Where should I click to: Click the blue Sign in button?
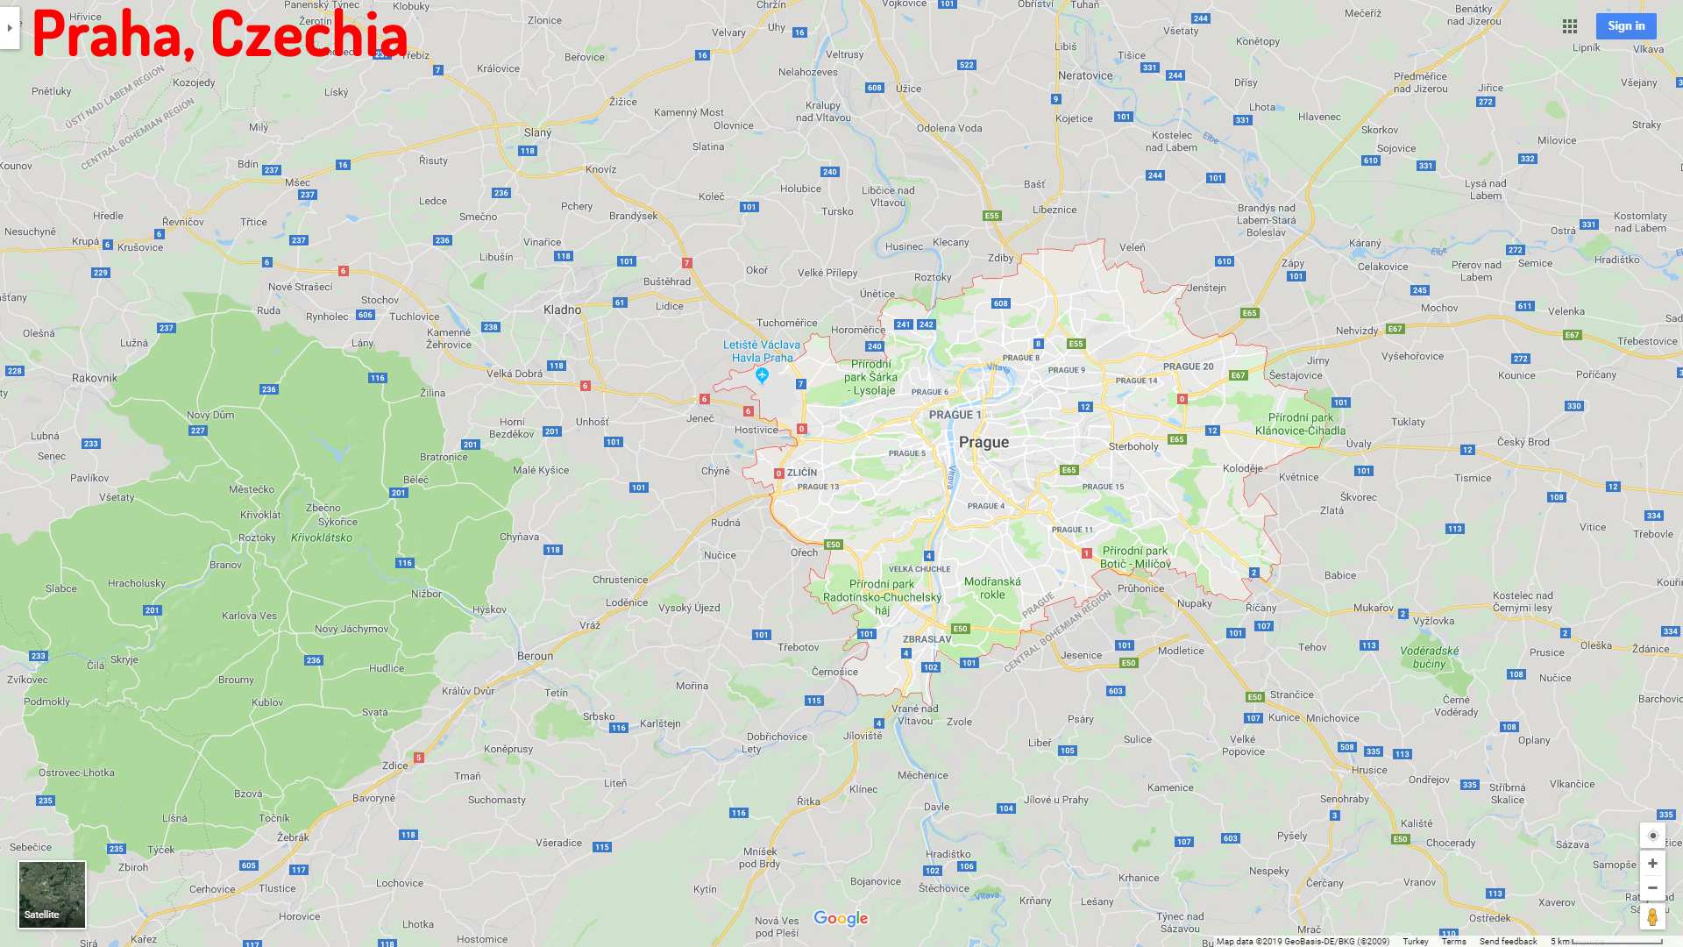point(1625,26)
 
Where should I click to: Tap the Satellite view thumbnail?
point(52,894)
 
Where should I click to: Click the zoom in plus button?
point(1652,864)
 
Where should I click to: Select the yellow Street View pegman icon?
point(1652,917)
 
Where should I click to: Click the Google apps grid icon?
point(1570,26)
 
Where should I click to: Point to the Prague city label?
point(984,443)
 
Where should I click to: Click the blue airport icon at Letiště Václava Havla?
point(762,375)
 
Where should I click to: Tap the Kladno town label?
point(562,310)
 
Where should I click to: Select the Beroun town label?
point(535,656)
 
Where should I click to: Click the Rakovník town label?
point(95,378)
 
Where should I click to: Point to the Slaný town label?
point(537,132)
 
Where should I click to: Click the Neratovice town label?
point(1085,75)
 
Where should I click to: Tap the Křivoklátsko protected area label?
point(322,538)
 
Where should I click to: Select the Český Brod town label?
point(1523,442)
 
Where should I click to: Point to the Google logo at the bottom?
point(841,918)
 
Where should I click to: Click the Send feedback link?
point(1508,941)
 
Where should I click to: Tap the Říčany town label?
point(1260,608)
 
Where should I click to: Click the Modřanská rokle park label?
point(992,587)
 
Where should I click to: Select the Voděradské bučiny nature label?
point(1429,657)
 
